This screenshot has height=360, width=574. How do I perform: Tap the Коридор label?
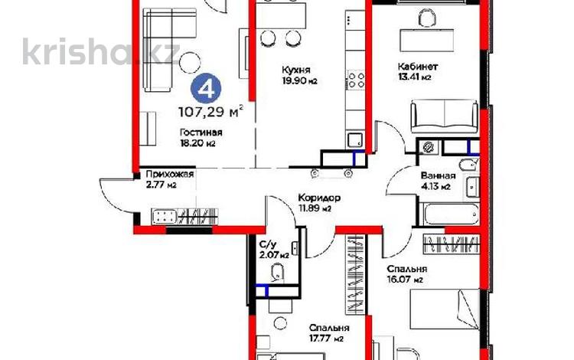coord(315,198)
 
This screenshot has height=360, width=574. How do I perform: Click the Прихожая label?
coord(167,175)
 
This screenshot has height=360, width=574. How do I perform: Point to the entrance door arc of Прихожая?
coord(111,195)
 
